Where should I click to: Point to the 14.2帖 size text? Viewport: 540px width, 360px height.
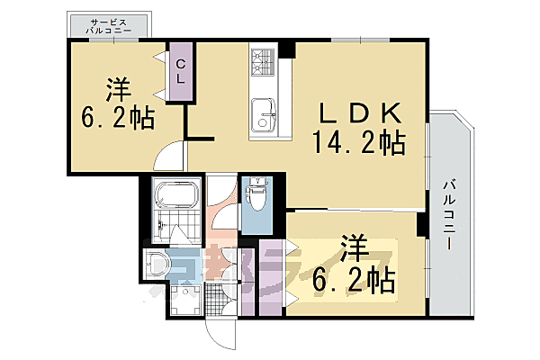(x=357, y=142)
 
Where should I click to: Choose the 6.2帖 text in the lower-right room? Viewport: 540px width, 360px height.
(x=354, y=281)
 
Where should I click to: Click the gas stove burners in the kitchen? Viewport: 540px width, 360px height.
(x=263, y=62)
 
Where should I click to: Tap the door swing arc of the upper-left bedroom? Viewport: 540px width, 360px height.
(x=171, y=157)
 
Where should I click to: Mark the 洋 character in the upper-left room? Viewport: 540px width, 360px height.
(x=119, y=90)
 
